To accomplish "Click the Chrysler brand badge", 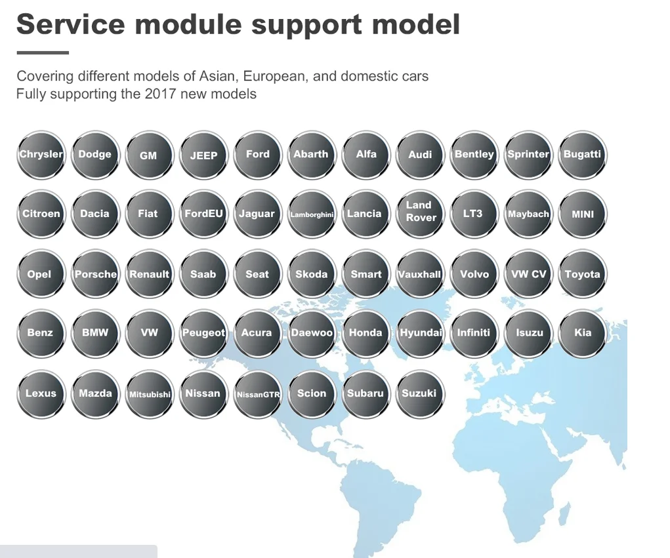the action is (41, 155).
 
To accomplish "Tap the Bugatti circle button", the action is (583, 155).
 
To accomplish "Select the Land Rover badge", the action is (421, 214).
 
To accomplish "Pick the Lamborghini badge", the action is (312, 214).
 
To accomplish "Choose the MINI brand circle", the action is (583, 214).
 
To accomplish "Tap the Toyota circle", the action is (583, 273).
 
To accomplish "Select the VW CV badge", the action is (528, 273).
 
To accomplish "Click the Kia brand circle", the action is (583, 333).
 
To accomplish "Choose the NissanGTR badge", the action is (258, 393).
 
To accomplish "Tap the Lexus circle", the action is (41, 393).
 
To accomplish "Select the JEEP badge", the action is (203, 155).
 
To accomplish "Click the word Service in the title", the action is (70, 24).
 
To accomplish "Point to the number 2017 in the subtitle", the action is (160, 94).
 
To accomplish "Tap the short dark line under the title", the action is (43, 53).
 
